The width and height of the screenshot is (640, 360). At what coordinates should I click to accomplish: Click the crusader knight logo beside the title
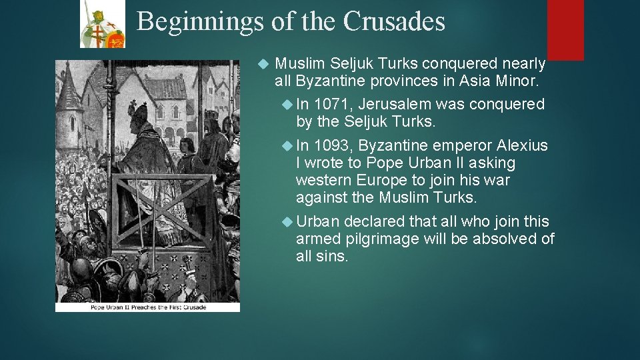[x=102, y=24]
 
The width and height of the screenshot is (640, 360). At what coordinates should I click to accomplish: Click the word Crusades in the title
[x=393, y=22]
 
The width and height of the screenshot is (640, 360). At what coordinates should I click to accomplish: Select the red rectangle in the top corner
[x=565, y=29]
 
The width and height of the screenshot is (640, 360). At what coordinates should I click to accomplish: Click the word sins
[x=332, y=255]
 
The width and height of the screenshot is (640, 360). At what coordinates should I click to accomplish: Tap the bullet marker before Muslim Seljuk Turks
[x=263, y=65]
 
